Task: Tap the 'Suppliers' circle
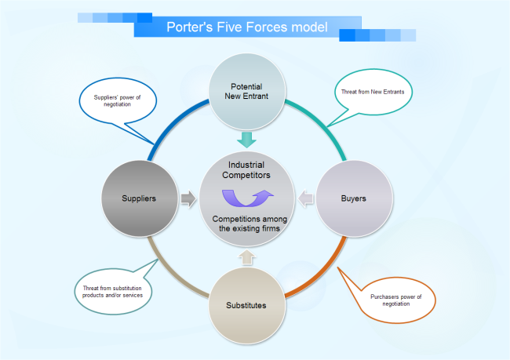(139, 198)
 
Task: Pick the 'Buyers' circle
(353, 198)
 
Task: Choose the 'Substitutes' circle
(246, 304)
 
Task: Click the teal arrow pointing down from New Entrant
(247, 140)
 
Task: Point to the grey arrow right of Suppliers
(188, 198)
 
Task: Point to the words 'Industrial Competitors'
(246, 170)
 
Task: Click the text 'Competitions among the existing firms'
(247, 224)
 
